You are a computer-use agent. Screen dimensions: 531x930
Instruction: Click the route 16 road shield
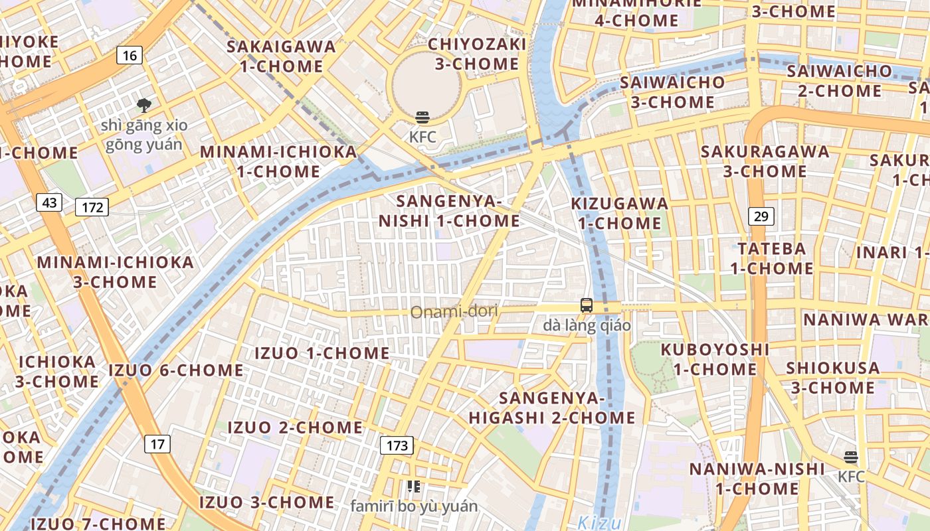click(x=130, y=55)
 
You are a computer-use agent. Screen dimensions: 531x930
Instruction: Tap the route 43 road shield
click(x=49, y=202)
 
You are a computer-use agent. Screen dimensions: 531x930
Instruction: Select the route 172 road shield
click(x=92, y=207)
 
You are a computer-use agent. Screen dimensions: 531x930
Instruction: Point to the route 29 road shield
click(x=761, y=216)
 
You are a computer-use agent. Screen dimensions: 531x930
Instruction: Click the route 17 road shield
click(x=157, y=443)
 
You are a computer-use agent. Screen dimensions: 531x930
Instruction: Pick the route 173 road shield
click(x=397, y=445)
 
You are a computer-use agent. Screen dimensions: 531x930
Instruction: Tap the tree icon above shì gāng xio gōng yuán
click(x=143, y=105)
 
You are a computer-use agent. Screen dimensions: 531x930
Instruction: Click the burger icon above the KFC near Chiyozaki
click(x=422, y=118)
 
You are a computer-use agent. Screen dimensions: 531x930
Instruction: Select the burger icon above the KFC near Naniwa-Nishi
click(x=851, y=457)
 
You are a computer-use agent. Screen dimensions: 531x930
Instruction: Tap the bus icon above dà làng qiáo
click(x=587, y=305)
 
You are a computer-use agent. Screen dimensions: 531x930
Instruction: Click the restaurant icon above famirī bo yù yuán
click(x=414, y=487)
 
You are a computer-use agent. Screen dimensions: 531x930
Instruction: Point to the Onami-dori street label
click(x=454, y=311)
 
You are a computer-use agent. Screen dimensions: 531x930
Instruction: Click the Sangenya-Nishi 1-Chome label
click(x=449, y=210)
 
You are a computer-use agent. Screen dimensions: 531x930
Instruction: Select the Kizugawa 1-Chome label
click(x=620, y=213)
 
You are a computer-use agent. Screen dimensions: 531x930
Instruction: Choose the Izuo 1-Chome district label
click(x=322, y=353)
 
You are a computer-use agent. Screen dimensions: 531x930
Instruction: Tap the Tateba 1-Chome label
click(x=772, y=258)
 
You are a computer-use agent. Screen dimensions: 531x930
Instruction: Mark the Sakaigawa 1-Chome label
click(x=282, y=56)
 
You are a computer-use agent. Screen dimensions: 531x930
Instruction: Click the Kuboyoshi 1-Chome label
click(x=715, y=358)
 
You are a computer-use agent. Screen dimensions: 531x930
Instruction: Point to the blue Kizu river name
click(x=599, y=522)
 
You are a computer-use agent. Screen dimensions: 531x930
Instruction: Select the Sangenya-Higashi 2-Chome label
click(x=553, y=408)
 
